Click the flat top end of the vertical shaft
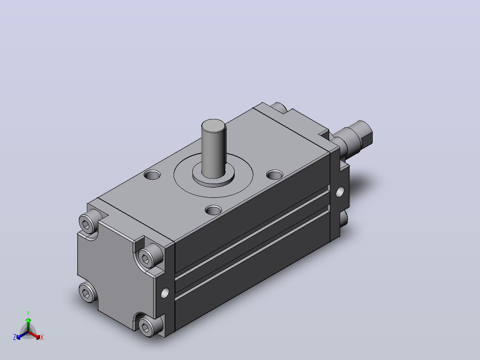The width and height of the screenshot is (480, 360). (x=214, y=126)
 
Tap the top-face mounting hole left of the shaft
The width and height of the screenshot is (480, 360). (x=152, y=175)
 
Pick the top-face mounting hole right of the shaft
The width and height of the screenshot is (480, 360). (x=275, y=175)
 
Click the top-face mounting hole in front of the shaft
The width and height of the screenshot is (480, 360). (x=213, y=210)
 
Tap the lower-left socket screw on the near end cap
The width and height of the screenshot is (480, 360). (x=88, y=292)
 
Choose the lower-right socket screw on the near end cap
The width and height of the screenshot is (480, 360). (x=147, y=327)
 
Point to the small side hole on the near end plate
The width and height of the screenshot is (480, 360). (x=165, y=293)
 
